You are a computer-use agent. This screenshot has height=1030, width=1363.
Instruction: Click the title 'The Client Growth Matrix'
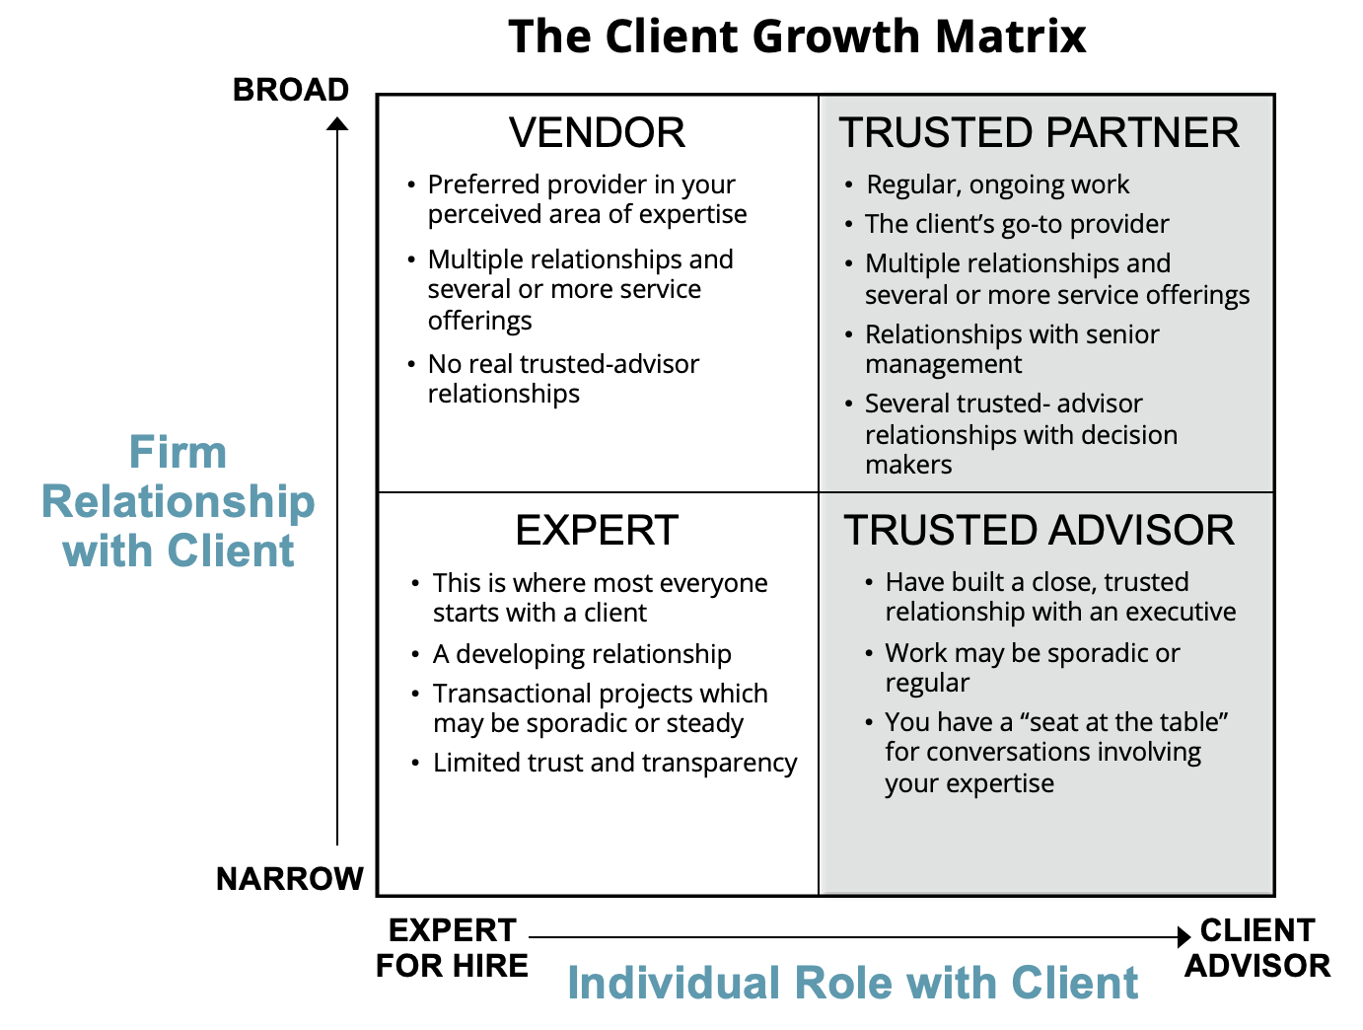point(797,37)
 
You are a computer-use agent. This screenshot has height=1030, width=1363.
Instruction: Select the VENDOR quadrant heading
point(597,133)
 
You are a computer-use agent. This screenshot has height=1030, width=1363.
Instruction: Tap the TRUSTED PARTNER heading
point(1039,133)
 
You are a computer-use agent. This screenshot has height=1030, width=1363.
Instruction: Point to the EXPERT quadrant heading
point(597,531)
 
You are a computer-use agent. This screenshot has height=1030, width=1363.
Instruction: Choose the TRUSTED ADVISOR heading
point(1039,531)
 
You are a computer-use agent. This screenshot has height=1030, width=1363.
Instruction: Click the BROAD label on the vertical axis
point(291,90)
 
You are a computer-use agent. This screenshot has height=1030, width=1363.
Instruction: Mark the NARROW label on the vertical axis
point(290,878)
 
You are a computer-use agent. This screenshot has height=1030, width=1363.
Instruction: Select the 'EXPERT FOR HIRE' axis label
point(453,947)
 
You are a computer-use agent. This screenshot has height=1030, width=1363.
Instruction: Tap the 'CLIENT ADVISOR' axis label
point(1257,947)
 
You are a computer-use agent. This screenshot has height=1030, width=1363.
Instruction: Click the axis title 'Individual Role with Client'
point(853,983)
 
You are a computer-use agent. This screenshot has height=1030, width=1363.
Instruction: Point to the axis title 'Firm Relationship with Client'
point(179,501)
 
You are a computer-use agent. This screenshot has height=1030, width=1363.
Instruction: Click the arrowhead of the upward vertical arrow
point(337,123)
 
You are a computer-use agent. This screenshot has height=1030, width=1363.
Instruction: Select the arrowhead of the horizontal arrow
point(1184,937)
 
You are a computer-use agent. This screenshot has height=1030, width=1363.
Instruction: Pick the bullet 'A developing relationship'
point(582,654)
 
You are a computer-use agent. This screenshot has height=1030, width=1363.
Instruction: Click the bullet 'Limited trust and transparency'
point(614,763)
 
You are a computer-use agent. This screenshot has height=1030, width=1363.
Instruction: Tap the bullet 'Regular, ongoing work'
point(997,184)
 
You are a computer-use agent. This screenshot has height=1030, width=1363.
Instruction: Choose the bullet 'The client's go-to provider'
point(1016,224)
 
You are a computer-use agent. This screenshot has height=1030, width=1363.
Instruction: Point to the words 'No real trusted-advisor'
point(563,364)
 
